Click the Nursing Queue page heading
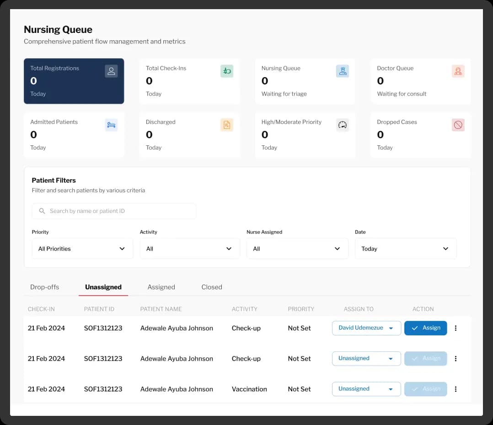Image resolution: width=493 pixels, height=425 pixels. [58, 30]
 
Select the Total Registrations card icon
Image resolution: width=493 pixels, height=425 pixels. [111, 71]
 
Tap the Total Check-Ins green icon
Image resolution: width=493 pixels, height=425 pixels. [227, 71]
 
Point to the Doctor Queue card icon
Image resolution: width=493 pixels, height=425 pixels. [458, 71]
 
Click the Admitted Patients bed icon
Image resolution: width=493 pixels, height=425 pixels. [111, 125]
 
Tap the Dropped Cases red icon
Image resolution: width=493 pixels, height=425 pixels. [458, 125]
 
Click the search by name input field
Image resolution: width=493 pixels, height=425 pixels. [114, 211]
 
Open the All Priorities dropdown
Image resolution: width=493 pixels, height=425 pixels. [82, 249]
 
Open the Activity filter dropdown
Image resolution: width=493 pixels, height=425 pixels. [190, 249]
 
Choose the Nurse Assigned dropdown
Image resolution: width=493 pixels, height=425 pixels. [297, 249]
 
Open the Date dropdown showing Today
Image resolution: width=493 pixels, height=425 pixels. [406, 249]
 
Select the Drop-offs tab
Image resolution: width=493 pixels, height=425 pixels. [44, 287]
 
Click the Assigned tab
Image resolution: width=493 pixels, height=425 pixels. [161, 287]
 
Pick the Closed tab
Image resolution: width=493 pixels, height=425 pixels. [212, 287]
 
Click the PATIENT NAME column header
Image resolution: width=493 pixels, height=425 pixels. [161, 309]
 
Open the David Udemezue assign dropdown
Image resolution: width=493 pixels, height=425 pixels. [366, 328]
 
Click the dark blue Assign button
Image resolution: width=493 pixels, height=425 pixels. [425, 328]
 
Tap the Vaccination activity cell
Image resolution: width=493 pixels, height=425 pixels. [249, 389]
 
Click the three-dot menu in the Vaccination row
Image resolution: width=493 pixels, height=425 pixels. [455, 389]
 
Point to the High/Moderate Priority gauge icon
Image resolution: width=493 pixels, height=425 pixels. [343, 125]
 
